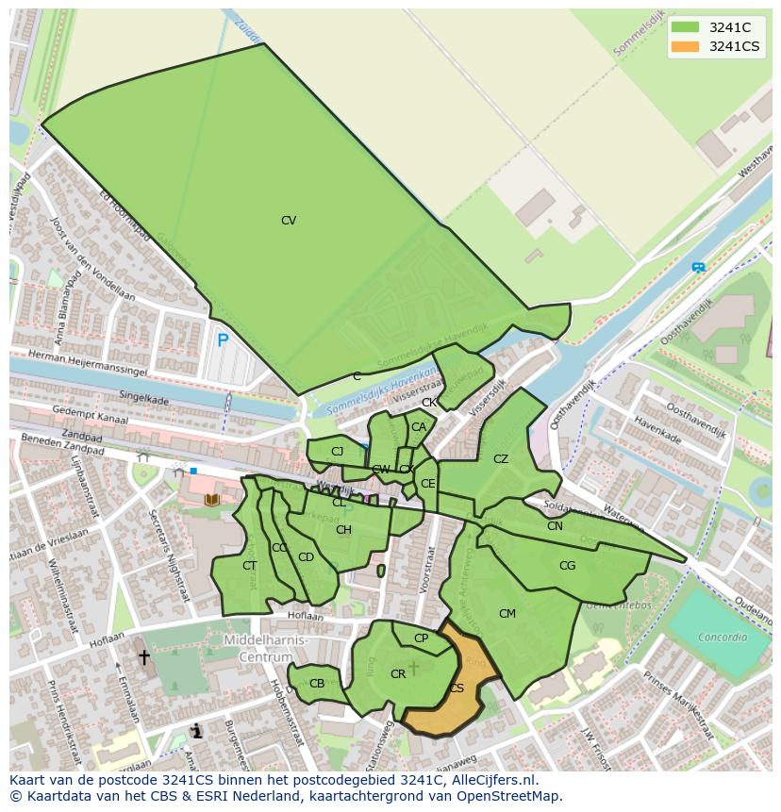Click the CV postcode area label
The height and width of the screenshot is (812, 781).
[289, 221]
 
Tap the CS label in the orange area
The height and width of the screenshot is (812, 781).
[457, 688]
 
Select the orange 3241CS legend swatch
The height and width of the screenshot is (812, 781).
[685, 46]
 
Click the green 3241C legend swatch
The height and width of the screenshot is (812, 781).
[685, 27]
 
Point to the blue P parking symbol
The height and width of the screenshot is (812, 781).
[223, 341]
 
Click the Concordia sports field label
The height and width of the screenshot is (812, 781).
[722, 638]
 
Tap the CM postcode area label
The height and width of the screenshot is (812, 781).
[507, 614]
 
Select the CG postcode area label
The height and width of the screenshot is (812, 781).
[567, 566]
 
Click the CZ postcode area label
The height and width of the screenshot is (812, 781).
[501, 459]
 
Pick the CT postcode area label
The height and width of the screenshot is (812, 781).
[249, 566]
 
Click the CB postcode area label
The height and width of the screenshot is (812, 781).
[317, 684]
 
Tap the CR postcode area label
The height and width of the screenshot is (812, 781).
[398, 674]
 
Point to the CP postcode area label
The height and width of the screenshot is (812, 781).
[421, 638]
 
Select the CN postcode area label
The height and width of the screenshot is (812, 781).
[555, 526]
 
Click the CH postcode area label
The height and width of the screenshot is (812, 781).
[343, 530]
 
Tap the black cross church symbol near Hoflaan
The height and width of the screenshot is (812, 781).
[144, 657]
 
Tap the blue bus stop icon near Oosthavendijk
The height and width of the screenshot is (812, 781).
[698, 268]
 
